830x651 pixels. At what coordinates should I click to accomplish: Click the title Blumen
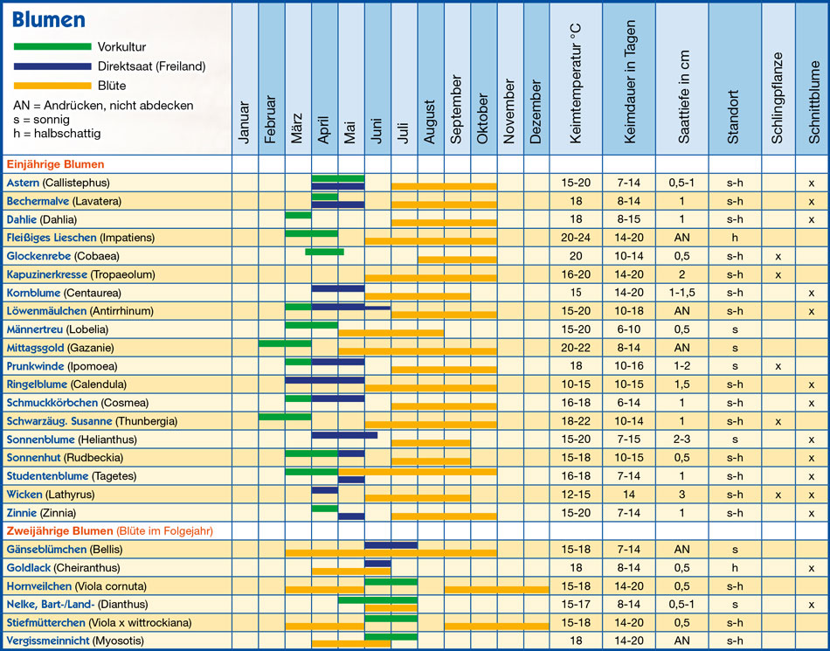[49, 19]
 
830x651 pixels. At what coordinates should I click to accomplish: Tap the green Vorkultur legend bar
[52, 46]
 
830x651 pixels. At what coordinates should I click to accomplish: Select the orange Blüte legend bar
[52, 86]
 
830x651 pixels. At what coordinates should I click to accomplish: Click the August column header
[431, 121]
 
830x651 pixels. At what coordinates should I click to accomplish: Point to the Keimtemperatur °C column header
[576, 84]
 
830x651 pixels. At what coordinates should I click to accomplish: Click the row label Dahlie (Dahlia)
[42, 219]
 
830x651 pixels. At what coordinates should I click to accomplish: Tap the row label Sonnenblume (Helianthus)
[72, 440]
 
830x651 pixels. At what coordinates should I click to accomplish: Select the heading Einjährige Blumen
[56, 164]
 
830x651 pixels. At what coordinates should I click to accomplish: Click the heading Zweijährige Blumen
[59, 531]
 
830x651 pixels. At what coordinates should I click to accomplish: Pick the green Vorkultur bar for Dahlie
[298, 215]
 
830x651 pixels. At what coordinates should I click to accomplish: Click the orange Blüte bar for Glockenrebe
[457, 260]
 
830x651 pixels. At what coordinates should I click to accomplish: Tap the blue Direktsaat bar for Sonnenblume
[344, 435]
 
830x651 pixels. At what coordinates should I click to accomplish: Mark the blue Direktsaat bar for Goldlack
[377, 564]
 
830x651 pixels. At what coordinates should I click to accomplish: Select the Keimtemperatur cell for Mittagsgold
[576, 348]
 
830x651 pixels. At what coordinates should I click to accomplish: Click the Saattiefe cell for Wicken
[681, 495]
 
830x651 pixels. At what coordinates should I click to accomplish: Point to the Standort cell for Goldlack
[735, 568]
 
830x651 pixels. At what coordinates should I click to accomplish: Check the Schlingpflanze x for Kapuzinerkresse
[778, 275]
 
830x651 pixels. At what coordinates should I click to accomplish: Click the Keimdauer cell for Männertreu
[629, 329]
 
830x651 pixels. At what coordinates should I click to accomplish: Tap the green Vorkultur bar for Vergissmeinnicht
[391, 637]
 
